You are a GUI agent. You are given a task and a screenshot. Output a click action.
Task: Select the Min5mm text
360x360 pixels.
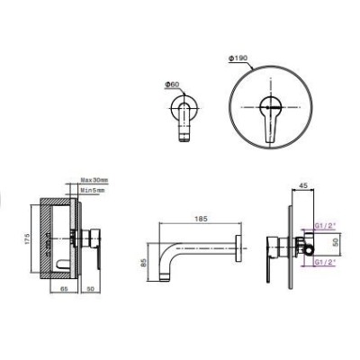pyautogui.click(x=93, y=191)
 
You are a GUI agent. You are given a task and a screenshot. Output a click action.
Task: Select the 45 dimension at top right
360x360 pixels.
pyautogui.click(x=302, y=186)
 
